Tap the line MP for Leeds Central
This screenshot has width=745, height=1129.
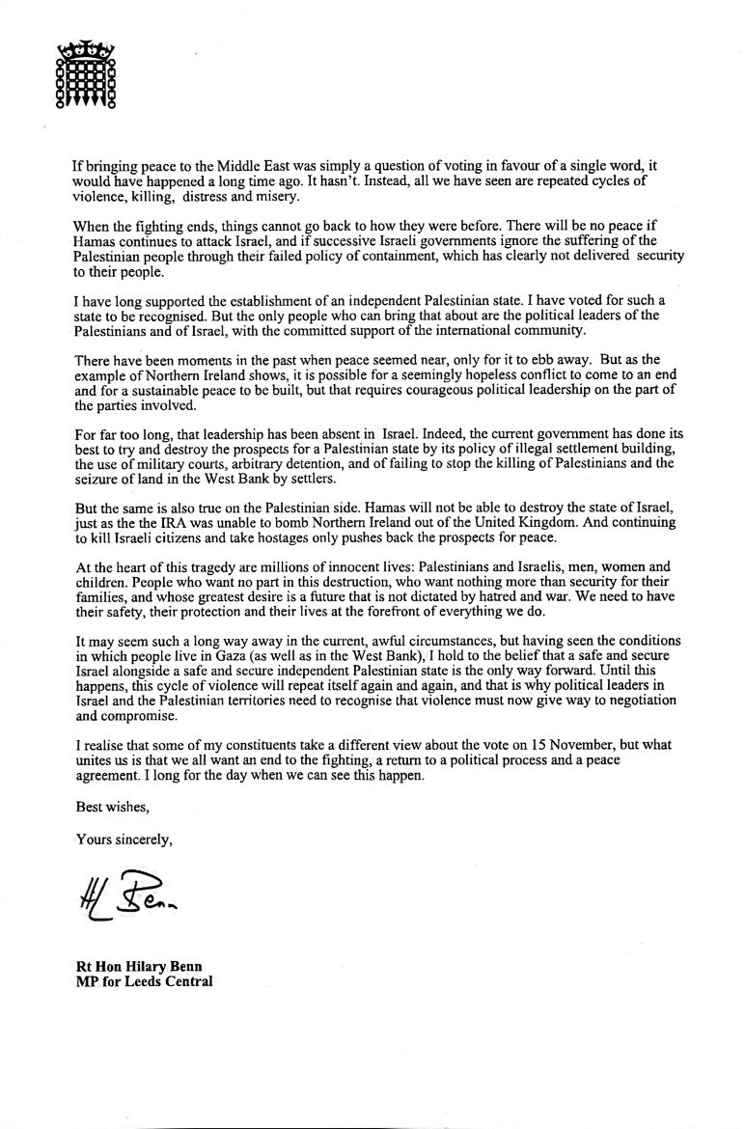coord(144,984)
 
